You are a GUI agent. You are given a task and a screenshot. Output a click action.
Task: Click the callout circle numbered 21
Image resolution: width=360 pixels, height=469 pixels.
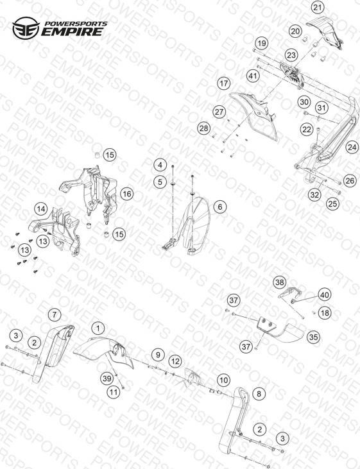tap(318, 7)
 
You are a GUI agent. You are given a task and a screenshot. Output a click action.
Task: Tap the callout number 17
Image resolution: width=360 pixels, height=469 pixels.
tap(224, 83)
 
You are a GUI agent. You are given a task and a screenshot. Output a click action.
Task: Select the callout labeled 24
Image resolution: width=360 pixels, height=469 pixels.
tap(352, 147)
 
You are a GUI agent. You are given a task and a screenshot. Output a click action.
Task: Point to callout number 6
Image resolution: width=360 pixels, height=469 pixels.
tap(220, 207)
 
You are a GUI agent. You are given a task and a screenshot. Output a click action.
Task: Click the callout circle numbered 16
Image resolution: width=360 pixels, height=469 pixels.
tap(126, 194)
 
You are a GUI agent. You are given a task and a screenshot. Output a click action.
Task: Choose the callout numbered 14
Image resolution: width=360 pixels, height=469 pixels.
tap(41, 209)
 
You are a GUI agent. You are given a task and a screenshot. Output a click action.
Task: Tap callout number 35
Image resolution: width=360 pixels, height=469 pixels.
tap(313, 337)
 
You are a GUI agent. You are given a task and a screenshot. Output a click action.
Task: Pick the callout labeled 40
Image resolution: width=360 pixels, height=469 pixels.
tap(325, 295)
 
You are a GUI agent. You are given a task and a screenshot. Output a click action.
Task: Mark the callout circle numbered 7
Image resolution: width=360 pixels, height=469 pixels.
tap(54, 314)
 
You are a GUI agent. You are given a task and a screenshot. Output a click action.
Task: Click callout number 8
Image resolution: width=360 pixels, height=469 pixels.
tap(259, 394)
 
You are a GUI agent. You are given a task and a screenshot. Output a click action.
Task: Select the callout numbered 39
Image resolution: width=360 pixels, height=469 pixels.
tap(107, 379)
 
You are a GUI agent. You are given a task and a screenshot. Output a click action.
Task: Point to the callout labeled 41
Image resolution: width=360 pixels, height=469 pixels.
tap(253, 76)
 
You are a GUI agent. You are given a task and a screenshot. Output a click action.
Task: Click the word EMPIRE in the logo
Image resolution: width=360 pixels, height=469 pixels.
tap(73, 31)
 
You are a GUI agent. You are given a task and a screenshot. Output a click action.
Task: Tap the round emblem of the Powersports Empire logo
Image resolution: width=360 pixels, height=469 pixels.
tap(26, 28)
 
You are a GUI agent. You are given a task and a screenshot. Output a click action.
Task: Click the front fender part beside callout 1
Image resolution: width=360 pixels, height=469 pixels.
tap(103, 351)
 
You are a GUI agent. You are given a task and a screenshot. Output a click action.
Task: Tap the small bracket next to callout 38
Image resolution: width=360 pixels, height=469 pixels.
tap(289, 293)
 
